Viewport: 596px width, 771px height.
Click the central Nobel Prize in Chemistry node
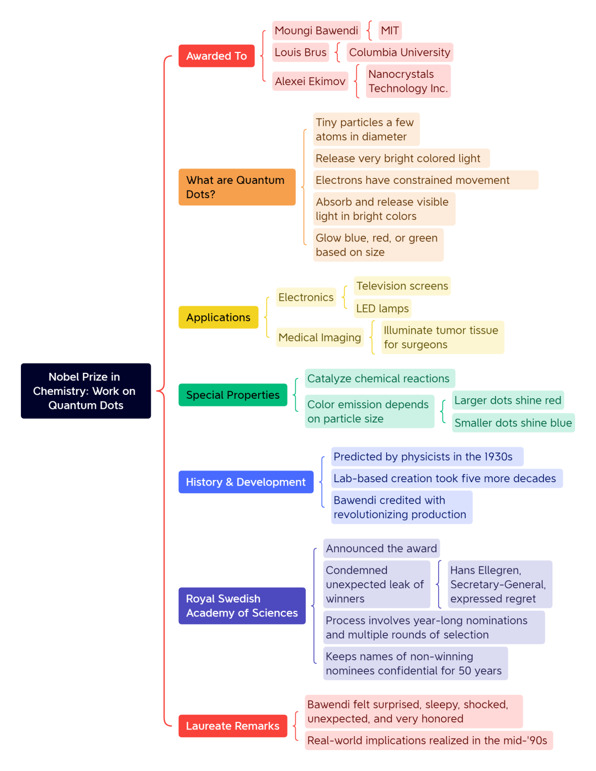pos(86,390)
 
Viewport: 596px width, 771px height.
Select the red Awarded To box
pos(216,56)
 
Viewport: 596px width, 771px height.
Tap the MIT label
pos(390,30)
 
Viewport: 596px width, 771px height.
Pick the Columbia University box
pos(400,52)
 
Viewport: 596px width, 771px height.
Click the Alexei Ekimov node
pos(310,81)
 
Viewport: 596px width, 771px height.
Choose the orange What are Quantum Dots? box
pos(237,187)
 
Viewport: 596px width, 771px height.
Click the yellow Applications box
pos(218,317)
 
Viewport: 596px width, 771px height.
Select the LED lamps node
pos(382,308)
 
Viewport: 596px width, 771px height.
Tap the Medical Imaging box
pos(320,337)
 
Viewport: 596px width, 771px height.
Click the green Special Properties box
pos(232,394)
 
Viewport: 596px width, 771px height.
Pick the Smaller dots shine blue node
pos(513,423)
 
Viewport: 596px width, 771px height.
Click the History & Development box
pos(246,482)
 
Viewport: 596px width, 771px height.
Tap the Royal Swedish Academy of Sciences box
pos(242,606)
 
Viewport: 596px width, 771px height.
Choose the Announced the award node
pos(381,548)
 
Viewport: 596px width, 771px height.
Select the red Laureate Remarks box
pos(232,726)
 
